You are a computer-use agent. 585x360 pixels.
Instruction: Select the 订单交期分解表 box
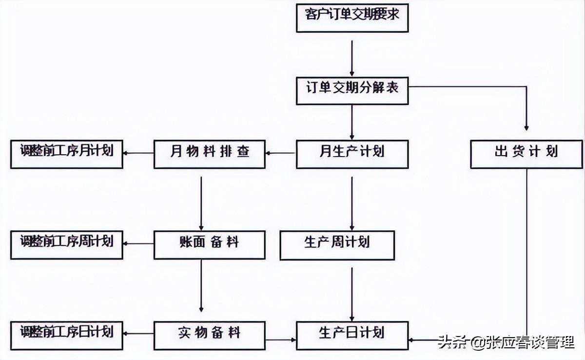point(352,88)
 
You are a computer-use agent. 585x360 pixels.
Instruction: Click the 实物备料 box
point(210,335)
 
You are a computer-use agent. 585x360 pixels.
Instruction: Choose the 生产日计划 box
point(352,335)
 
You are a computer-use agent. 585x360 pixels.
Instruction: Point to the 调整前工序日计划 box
point(67,335)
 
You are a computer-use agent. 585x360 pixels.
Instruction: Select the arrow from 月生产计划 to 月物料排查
point(281,153)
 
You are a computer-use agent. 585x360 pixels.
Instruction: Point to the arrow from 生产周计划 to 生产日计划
point(352,293)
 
